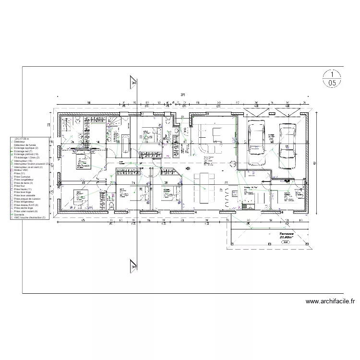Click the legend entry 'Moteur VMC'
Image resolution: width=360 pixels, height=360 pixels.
click(22, 170)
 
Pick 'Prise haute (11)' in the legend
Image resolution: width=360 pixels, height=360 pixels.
click(24, 190)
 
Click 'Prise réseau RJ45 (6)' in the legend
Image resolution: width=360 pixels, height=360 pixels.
click(27, 205)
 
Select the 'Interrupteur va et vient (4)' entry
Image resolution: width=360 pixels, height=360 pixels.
click(29, 167)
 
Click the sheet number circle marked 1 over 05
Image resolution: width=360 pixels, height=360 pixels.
click(332, 79)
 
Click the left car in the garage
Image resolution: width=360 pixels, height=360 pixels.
click(256, 137)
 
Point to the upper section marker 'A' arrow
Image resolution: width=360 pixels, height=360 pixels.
click(133, 82)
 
